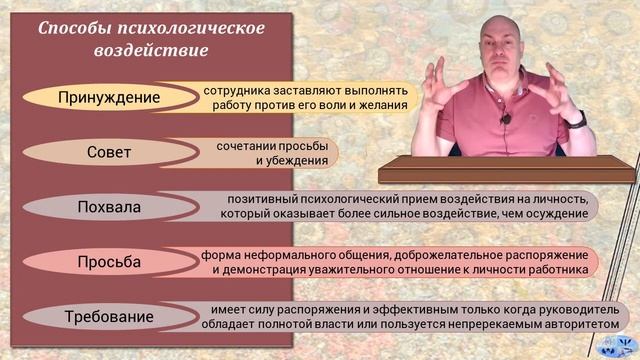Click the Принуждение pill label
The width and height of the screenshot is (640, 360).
(110, 97)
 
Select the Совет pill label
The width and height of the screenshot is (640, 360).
(110, 153)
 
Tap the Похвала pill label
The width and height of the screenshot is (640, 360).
(110, 208)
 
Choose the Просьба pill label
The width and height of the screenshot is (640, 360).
(110, 263)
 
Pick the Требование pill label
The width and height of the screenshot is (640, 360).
(110, 318)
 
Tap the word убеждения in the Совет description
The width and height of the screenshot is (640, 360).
(292, 160)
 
